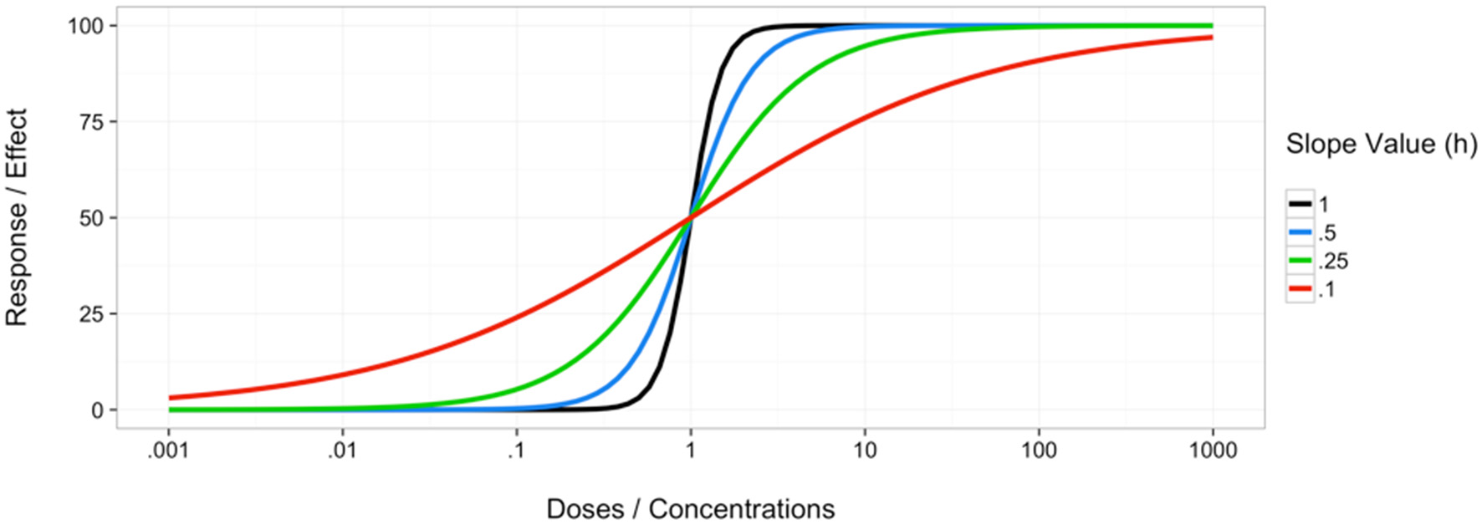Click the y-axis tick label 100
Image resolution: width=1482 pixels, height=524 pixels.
pyautogui.click(x=86, y=26)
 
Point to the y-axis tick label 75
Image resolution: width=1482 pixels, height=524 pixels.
pyautogui.click(x=92, y=122)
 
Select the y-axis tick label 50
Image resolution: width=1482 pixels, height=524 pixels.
pyautogui.click(x=92, y=218)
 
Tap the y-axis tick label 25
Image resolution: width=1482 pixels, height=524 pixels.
pyautogui.click(x=92, y=314)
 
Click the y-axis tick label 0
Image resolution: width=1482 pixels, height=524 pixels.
pyautogui.click(x=98, y=410)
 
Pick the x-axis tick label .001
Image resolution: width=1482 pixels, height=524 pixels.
pyautogui.click(x=168, y=451)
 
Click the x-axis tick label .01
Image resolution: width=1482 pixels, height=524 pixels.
pyautogui.click(x=342, y=451)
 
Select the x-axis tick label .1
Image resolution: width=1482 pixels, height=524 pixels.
pyautogui.click(x=516, y=451)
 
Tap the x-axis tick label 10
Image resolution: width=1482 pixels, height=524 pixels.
pyautogui.click(x=865, y=451)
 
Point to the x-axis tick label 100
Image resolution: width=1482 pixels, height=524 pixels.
pyautogui.click(x=1039, y=451)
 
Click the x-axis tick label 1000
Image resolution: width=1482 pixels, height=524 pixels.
pyautogui.click(x=1213, y=451)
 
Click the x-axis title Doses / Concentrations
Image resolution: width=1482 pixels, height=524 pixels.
pyautogui.click(x=690, y=509)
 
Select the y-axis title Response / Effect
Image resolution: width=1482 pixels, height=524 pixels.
pyautogui.click(x=18, y=217)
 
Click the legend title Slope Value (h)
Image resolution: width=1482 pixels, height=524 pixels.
pyautogui.click(x=1381, y=144)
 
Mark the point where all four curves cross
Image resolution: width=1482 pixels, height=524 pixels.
pyautogui.click(x=691, y=217)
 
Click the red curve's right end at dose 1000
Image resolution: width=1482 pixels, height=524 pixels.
pyautogui.click(x=1212, y=38)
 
